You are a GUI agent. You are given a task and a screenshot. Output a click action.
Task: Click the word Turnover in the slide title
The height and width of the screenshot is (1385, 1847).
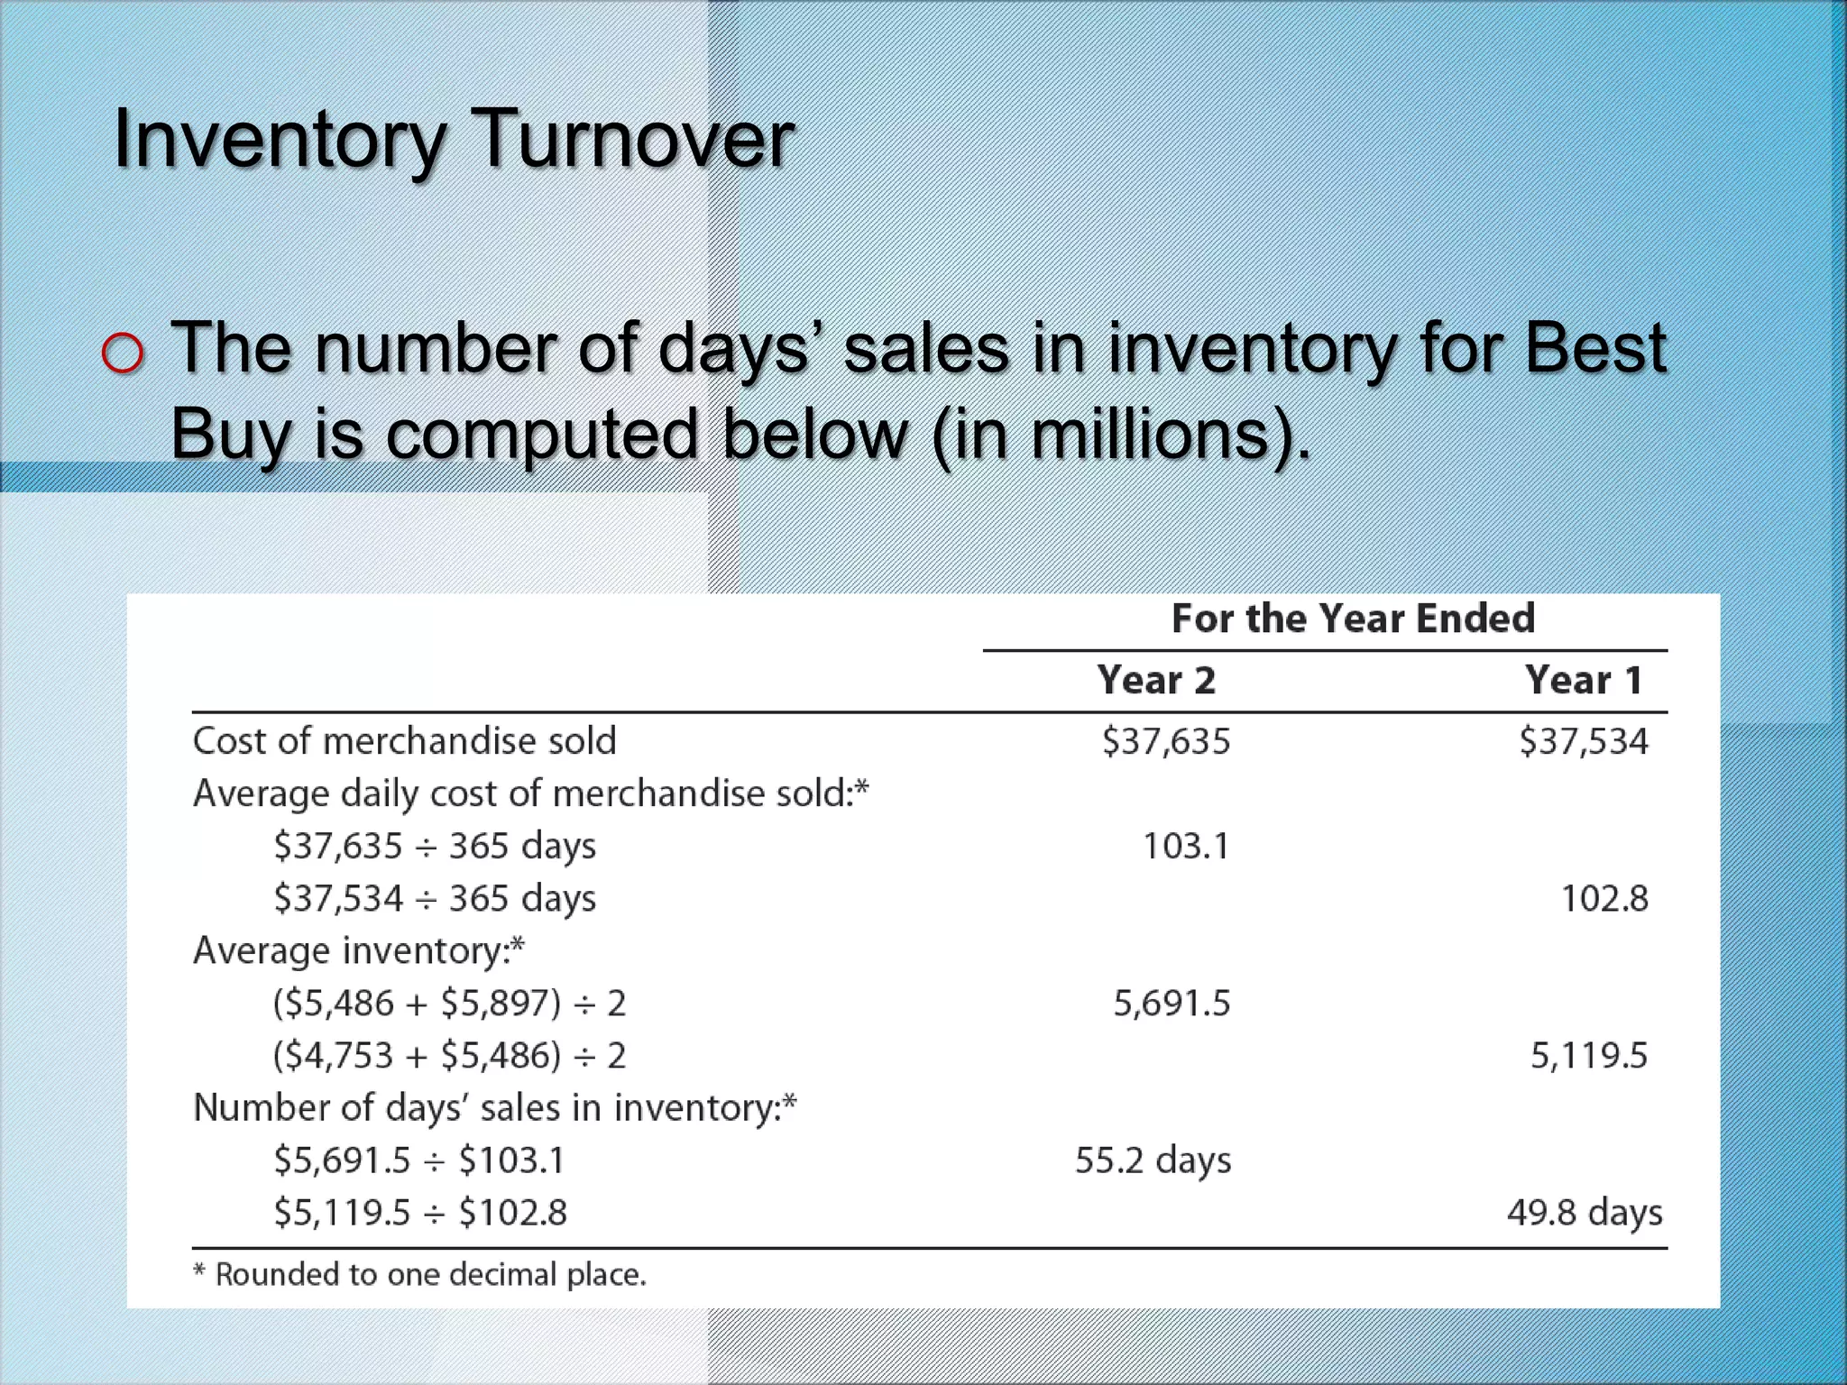pyautogui.click(x=633, y=139)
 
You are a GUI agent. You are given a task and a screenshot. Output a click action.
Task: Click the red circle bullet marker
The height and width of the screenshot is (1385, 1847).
pyautogui.click(x=123, y=353)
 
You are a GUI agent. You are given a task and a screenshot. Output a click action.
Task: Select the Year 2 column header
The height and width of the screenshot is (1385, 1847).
pyautogui.click(x=1156, y=680)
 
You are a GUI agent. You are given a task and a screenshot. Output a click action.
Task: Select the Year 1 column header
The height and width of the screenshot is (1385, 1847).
pyautogui.click(x=1584, y=680)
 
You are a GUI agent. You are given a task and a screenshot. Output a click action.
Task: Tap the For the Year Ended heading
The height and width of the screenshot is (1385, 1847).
pyautogui.click(x=1353, y=619)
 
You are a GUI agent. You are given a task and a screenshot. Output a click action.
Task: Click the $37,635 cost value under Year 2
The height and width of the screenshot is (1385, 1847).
pyautogui.click(x=1166, y=741)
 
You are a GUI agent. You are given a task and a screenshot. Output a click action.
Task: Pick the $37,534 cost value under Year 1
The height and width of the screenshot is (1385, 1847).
pyautogui.click(x=1584, y=741)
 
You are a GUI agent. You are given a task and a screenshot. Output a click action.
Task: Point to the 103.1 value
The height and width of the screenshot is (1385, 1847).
pyautogui.click(x=1185, y=846)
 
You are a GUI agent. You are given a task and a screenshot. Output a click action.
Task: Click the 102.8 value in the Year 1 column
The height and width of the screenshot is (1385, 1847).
pyautogui.click(x=1604, y=898)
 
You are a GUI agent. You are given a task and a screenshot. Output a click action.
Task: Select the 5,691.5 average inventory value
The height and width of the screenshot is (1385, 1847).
pyautogui.click(x=1172, y=1003)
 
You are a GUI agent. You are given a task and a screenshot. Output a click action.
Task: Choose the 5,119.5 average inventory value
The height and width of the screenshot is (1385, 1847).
pyautogui.click(x=1589, y=1055)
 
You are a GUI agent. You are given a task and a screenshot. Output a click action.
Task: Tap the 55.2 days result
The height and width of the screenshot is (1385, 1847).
pyautogui.click(x=1153, y=1160)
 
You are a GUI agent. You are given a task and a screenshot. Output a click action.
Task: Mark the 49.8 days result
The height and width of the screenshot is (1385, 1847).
pyautogui.click(x=1585, y=1213)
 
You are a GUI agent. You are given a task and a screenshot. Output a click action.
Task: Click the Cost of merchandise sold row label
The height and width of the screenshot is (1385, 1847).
pyautogui.click(x=404, y=741)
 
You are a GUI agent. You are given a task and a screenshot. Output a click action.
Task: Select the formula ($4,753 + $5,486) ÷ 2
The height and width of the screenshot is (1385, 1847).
pyautogui.click(x=449, y=1055)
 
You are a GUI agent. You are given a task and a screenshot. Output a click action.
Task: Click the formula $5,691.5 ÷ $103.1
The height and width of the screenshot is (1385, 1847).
pyautogui.click(x=419, y=1160)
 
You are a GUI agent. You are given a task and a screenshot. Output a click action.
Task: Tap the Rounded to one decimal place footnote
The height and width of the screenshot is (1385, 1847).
pyautogui.click(x=420, y=1274)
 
